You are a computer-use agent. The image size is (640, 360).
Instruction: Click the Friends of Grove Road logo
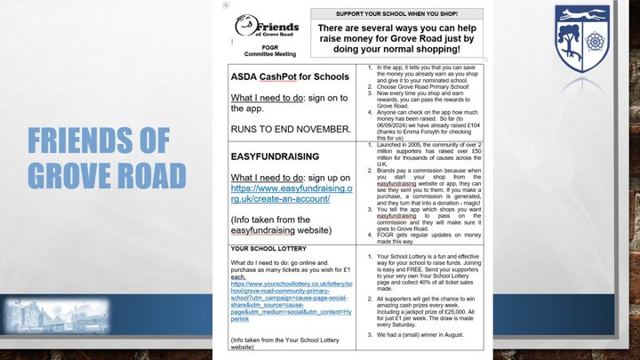pyautogui.click(x=267, y=28)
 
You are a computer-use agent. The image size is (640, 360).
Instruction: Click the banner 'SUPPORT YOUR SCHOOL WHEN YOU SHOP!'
pyautogui.click(x=397, y=14)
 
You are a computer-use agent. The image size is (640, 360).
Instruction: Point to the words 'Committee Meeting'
pyautogui.click(x=262, y=54)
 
